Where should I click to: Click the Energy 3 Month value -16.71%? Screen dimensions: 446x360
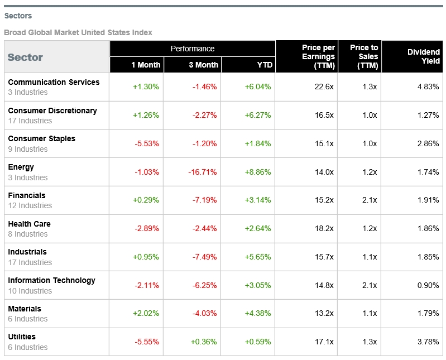pyautogui.click(x=202, y=172)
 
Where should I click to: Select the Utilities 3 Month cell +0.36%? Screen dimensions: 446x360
pyautogui.click(x=204, y=342)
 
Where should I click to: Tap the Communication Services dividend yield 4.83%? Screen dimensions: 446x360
pyautogui.click(x=428, y=87)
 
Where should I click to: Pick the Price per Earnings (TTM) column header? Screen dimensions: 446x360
pyautogui.click(x=318, y=56)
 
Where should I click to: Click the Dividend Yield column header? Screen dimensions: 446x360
pyautogui.click(x=424, y=56)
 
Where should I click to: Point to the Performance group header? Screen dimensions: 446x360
pyautogui.click(x=193, y=49)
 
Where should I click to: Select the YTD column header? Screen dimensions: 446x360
pyautogui.click(x=265, y=65)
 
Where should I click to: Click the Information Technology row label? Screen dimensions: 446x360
pyautogui.click(x=51, y=280)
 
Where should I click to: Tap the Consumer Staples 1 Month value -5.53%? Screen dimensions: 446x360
pyautogui.click(x=147, y=143)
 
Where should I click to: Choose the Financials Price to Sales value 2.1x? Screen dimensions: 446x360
pyautogui.click(x=370, y=200)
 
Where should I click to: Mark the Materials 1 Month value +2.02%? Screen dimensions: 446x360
pyautogui.click(x=146, y=313)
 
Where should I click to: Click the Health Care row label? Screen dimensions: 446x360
pyautogui.click(x=29, y=224)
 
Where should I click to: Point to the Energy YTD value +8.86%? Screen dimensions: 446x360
pyautogui.click(x=258, y=172)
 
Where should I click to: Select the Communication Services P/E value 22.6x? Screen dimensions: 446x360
pyautogui.click(x=324, y=87)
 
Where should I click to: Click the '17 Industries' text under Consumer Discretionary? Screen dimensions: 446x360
pyautogui.click(x=30, y=121)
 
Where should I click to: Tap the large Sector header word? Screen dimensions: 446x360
pyautogui.click(x=25, y=57)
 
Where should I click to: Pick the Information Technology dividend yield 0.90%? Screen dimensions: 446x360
pyautogui.click(x=428, y=285)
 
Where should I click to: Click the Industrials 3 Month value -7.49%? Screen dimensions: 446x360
pyautogui.click(x=204, y=257)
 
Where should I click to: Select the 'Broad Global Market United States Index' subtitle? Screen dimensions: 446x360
pyautogui.click(x=78, y=32)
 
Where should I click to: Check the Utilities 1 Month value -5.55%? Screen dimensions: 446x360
pyautogui.click(x=147, y=342)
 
